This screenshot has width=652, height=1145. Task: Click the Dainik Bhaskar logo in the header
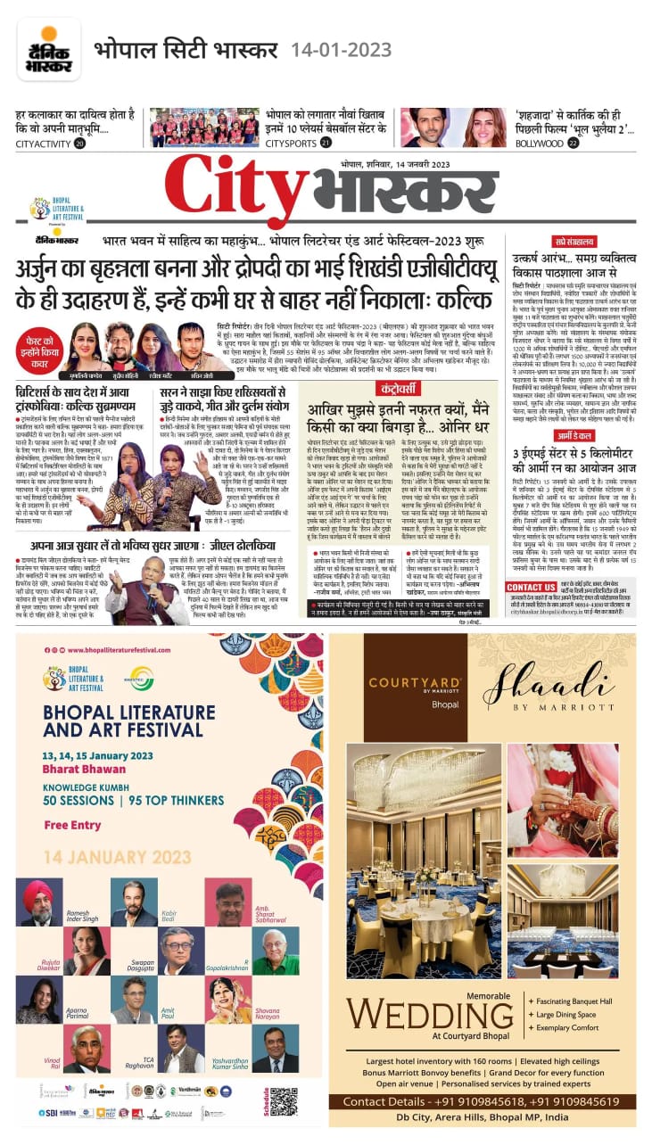(x=48, y=49)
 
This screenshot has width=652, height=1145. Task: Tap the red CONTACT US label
(x=531, y=587)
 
